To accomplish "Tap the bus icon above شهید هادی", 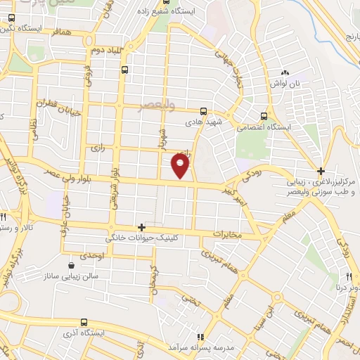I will coord(203,110).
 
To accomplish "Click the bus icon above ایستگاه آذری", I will coord(84,321).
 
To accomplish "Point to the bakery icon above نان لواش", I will coord(285,72).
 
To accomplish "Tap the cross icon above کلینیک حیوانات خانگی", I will coord(142,227).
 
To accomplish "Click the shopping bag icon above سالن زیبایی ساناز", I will coord(72,266).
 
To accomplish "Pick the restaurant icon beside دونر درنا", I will coord(349,276).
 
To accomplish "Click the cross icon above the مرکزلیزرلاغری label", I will coord(321,171).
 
